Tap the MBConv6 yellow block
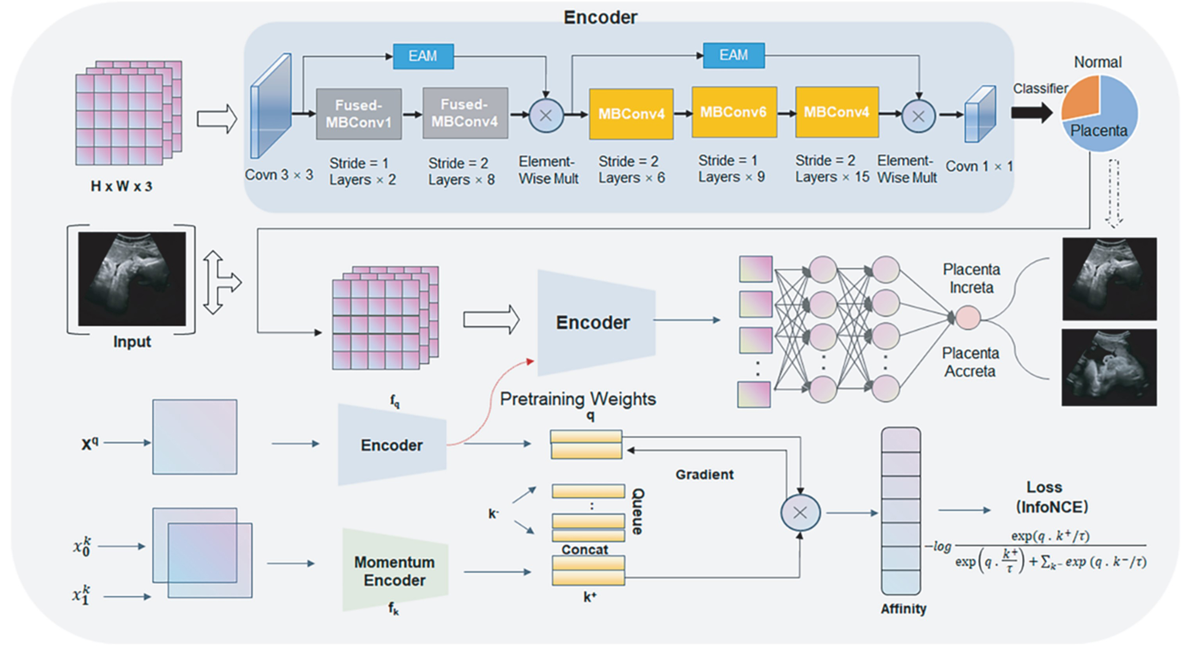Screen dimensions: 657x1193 pos(734,112)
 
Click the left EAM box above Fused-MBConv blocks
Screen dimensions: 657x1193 pos(423,56)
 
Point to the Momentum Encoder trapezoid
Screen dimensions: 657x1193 pos(395,570)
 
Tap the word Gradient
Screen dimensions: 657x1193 pos(704,475)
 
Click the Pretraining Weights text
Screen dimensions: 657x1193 pos(578,399)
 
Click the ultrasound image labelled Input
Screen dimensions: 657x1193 pos(132,279)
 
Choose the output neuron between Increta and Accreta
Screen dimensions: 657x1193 pos(967,318)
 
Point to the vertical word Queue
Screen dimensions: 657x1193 pos(638,511)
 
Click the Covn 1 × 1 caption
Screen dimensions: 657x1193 pos(978,166)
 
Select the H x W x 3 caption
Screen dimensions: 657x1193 pos(121,186)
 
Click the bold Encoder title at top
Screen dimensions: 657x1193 pos(600,18)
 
